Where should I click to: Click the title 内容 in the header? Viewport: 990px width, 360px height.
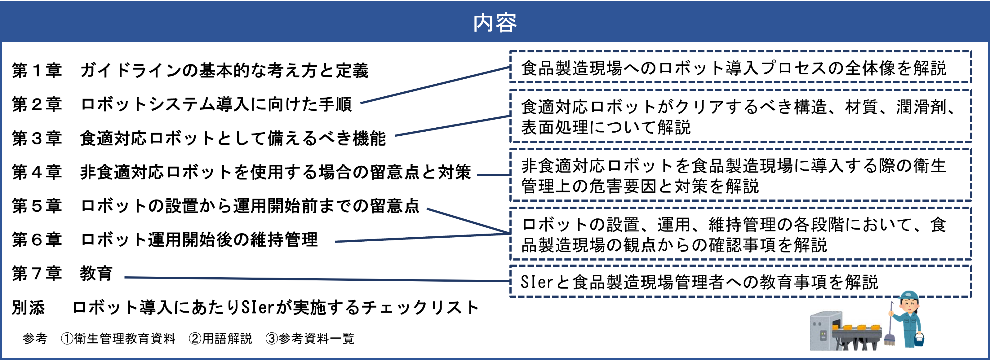495,22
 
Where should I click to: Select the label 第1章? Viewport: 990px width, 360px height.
37,71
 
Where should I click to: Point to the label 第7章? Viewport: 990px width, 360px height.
37,274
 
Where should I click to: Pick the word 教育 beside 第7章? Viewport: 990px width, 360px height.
96,274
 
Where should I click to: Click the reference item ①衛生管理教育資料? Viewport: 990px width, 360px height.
118,339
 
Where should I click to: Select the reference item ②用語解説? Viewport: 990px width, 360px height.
220,339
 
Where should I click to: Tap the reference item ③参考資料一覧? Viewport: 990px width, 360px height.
310,339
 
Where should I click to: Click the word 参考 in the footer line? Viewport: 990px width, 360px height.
35,339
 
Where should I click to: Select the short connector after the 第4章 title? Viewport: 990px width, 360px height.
494,175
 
